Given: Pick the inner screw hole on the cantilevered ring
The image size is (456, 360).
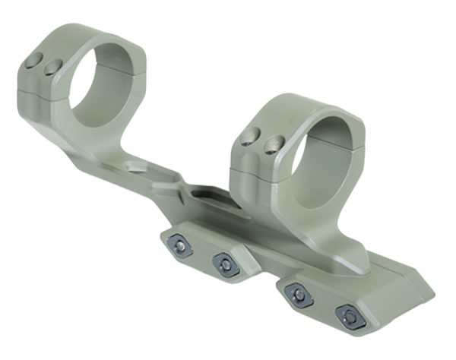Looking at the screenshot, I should pos(52,68).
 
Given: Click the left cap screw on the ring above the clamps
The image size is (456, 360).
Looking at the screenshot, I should pos(246,137).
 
